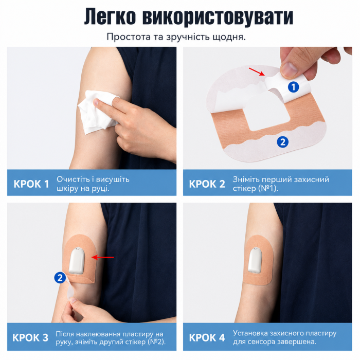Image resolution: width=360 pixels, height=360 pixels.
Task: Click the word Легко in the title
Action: click(x=110, y=17)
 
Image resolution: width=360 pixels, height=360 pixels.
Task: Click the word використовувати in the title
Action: click(x=218, y=17)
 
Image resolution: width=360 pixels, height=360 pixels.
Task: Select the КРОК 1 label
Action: click(x=31, y=184)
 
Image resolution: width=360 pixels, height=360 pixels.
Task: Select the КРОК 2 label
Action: click(x=207, y=184)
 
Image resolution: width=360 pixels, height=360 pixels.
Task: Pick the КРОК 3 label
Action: click(x=30, y=337)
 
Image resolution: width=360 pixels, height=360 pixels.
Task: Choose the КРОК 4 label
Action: click(x=207, y=337)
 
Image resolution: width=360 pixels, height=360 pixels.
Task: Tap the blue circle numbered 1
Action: click(x=293, y=87)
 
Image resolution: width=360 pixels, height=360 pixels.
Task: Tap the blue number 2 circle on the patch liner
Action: click(x=283, y=142)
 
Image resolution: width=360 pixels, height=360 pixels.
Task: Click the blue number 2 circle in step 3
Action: click(x=60, y=278)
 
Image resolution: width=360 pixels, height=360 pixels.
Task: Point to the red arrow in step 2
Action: click(x=257, y=71)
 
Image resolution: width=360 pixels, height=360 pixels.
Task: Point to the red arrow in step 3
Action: click(x=103, y=257)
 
